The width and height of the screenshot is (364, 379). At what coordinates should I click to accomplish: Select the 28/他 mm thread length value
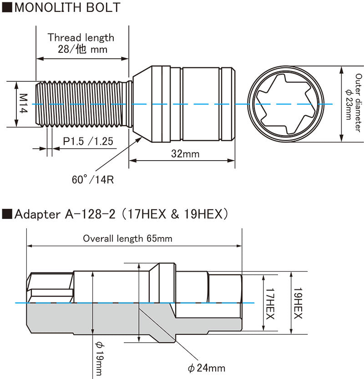[x=82, y=50]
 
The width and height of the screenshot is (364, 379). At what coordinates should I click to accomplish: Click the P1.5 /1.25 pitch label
[x=88, y=141]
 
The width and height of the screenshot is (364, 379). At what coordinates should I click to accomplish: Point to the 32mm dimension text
[x=186, y=154]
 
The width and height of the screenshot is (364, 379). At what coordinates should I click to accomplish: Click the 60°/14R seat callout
[x=92, y=179]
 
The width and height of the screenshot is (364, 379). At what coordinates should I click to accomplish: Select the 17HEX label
[x=270, y=303]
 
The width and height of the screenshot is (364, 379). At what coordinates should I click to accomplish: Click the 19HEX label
[x=298, y=303]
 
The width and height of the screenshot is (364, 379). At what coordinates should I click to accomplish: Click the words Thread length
[x=81, y=37]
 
